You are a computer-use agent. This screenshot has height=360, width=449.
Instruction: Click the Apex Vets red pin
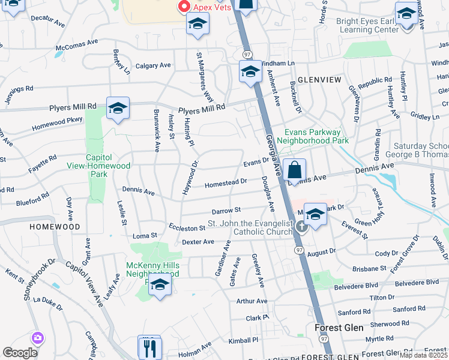click(x=184, y=6)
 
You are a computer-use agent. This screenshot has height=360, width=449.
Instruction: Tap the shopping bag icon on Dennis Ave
click(x=295, y=170)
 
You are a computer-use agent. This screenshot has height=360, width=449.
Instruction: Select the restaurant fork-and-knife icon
click(x=149, y=347)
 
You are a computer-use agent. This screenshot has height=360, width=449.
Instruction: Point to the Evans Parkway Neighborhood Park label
click(x=316, y=136)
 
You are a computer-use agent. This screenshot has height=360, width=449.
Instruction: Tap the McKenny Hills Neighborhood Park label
click(x=152, y=269)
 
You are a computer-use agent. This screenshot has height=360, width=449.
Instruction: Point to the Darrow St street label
click(x=226, y=211)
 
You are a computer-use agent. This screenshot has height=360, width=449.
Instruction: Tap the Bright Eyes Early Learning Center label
click(x=367, y=25)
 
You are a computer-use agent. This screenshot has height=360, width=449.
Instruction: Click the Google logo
click(x=20, y=353)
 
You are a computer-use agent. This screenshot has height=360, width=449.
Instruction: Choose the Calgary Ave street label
click(x=153, y=65)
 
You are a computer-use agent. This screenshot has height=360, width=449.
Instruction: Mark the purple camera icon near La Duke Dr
click(x=38, y=338)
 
